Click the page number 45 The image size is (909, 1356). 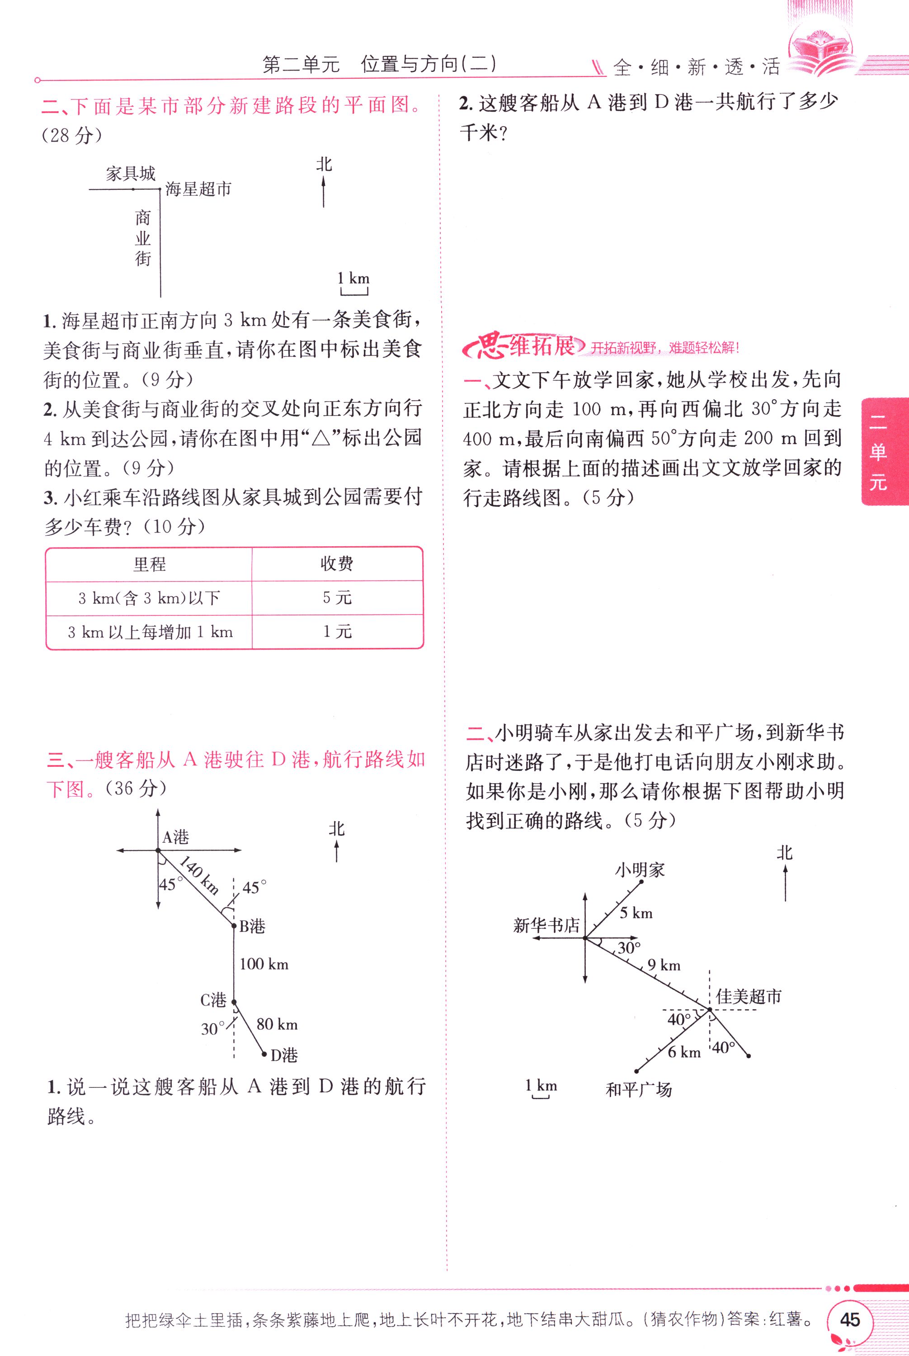coord(849,1319)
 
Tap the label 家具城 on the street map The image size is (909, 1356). coord(131,173)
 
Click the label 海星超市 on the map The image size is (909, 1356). coord(198,189)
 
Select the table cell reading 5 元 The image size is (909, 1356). coord(337,598)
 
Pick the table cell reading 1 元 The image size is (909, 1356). coord(337,631)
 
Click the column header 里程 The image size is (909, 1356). coord(149,564)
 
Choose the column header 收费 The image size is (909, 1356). coord(337,563)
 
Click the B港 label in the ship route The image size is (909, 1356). coord(252,926)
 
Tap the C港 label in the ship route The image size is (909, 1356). coord(213,1000)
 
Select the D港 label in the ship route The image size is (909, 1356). coord(284,1055)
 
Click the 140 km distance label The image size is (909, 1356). coord(199,875)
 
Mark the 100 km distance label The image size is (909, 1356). coord(264,964)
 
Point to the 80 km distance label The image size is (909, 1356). coord(277,1025)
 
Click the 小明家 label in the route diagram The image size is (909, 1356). coord(640,869)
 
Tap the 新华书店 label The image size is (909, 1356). coord(546,925)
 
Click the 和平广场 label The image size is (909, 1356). coord(639,1090)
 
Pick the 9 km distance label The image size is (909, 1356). coord(664,965)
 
